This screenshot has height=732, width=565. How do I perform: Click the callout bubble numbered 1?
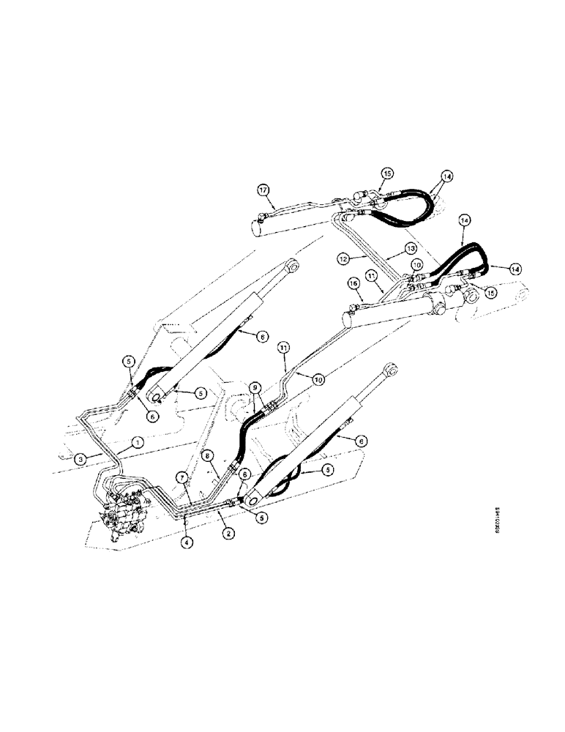click(136, 441)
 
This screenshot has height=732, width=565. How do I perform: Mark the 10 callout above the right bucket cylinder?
click(416, 264)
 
